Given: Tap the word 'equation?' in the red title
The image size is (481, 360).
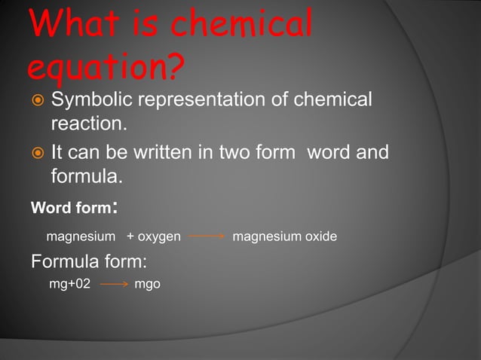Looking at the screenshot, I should coord(106,68).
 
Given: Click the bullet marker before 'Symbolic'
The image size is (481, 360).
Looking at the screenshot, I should coord(36,100).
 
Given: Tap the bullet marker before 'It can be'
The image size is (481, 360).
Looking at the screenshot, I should coord(36,154).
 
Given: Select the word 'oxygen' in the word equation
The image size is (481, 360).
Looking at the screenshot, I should coord(159,237).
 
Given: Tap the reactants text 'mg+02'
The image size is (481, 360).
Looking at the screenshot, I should coord(70,285).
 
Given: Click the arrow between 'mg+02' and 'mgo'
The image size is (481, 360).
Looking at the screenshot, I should coord(114,285).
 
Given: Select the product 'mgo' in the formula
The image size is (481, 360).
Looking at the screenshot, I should coord(147,285).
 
